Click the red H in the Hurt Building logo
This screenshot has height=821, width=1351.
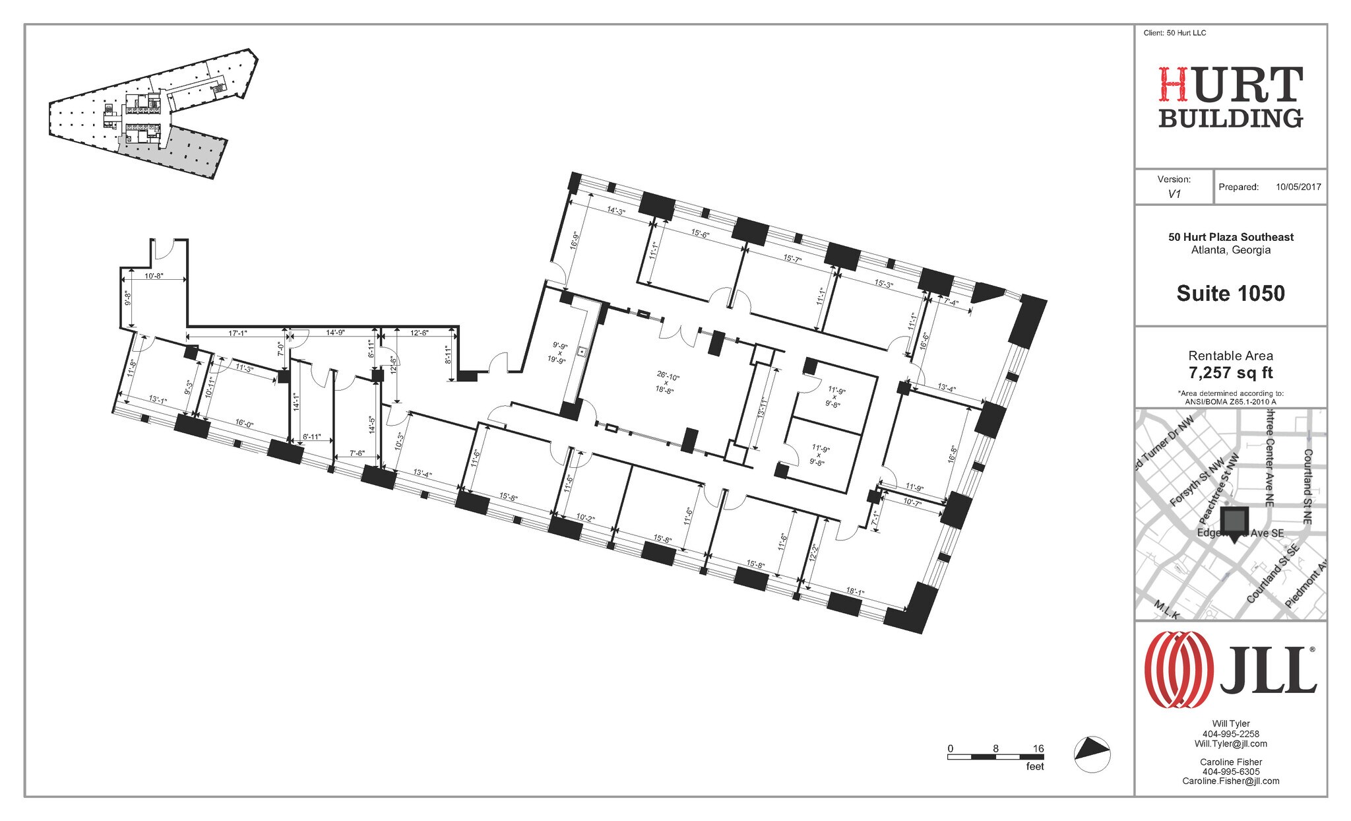point(1175,85)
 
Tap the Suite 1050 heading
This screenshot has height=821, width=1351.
point(1230,294)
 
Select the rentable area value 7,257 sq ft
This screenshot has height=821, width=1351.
point(1230,374)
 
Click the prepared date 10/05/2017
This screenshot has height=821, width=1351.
point(1298,187)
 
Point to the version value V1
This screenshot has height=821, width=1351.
point(1174,194)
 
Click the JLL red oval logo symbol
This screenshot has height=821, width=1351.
point(1179,669)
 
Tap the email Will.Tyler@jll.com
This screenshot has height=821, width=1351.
point(1230,744)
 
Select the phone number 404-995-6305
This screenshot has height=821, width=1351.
point(1230,772)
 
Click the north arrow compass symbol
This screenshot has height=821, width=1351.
point(1092,754)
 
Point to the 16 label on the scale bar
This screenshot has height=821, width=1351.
point(1038,748)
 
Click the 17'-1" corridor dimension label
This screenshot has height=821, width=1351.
point(237,333)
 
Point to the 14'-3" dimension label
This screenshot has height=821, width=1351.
point(615,211)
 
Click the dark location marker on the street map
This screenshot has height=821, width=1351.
point(1234,521)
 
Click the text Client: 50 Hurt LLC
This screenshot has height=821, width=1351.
point(1174,33)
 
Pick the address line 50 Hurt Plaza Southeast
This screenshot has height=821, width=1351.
point(1230,237)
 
